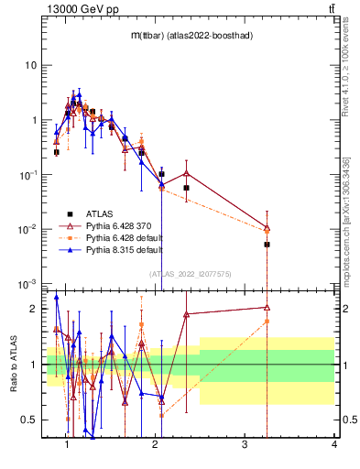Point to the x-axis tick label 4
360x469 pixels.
point(333,445)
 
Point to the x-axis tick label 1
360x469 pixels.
point(67,445)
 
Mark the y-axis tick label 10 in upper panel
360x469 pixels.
point(31,66)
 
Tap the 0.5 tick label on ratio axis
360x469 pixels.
point(30,420)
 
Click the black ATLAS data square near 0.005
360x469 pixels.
point(267,245)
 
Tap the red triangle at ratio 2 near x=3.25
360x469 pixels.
point(267,308)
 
